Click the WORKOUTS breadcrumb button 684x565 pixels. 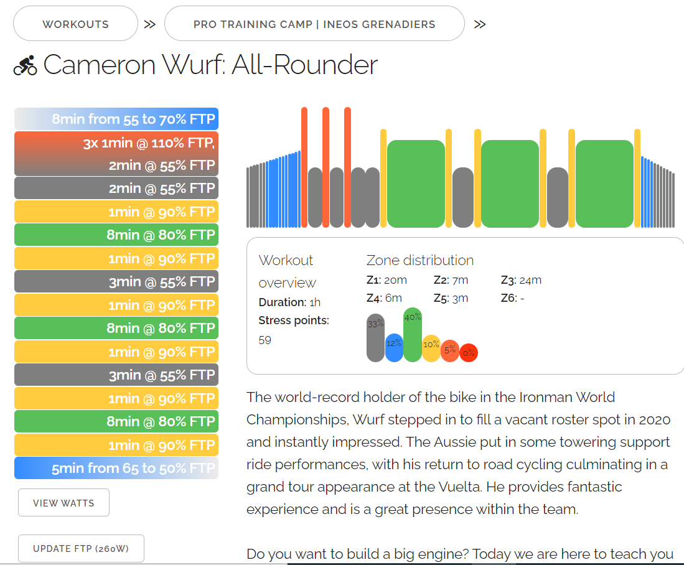point(75,24)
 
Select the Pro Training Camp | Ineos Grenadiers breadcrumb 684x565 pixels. point(314,24)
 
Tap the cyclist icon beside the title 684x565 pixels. point(26,65)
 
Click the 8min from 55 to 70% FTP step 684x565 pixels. point(116,119)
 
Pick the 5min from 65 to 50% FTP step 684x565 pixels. point(116,468)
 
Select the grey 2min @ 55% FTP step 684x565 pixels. point(116,188)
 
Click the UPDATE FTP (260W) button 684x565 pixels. point(81,549)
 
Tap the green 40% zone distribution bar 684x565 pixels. point(412,335)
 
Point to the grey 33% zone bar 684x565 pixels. point(375,339)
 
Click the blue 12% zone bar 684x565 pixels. point(394,348)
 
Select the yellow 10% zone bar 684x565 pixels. point(431,348)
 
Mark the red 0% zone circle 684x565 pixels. point(469,353)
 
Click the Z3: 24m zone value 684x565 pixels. point(521,280)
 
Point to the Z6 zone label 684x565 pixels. point(508,298)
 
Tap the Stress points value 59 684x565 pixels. point(265,340)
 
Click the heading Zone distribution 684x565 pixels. point(419,260)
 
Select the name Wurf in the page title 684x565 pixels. point(190,65)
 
